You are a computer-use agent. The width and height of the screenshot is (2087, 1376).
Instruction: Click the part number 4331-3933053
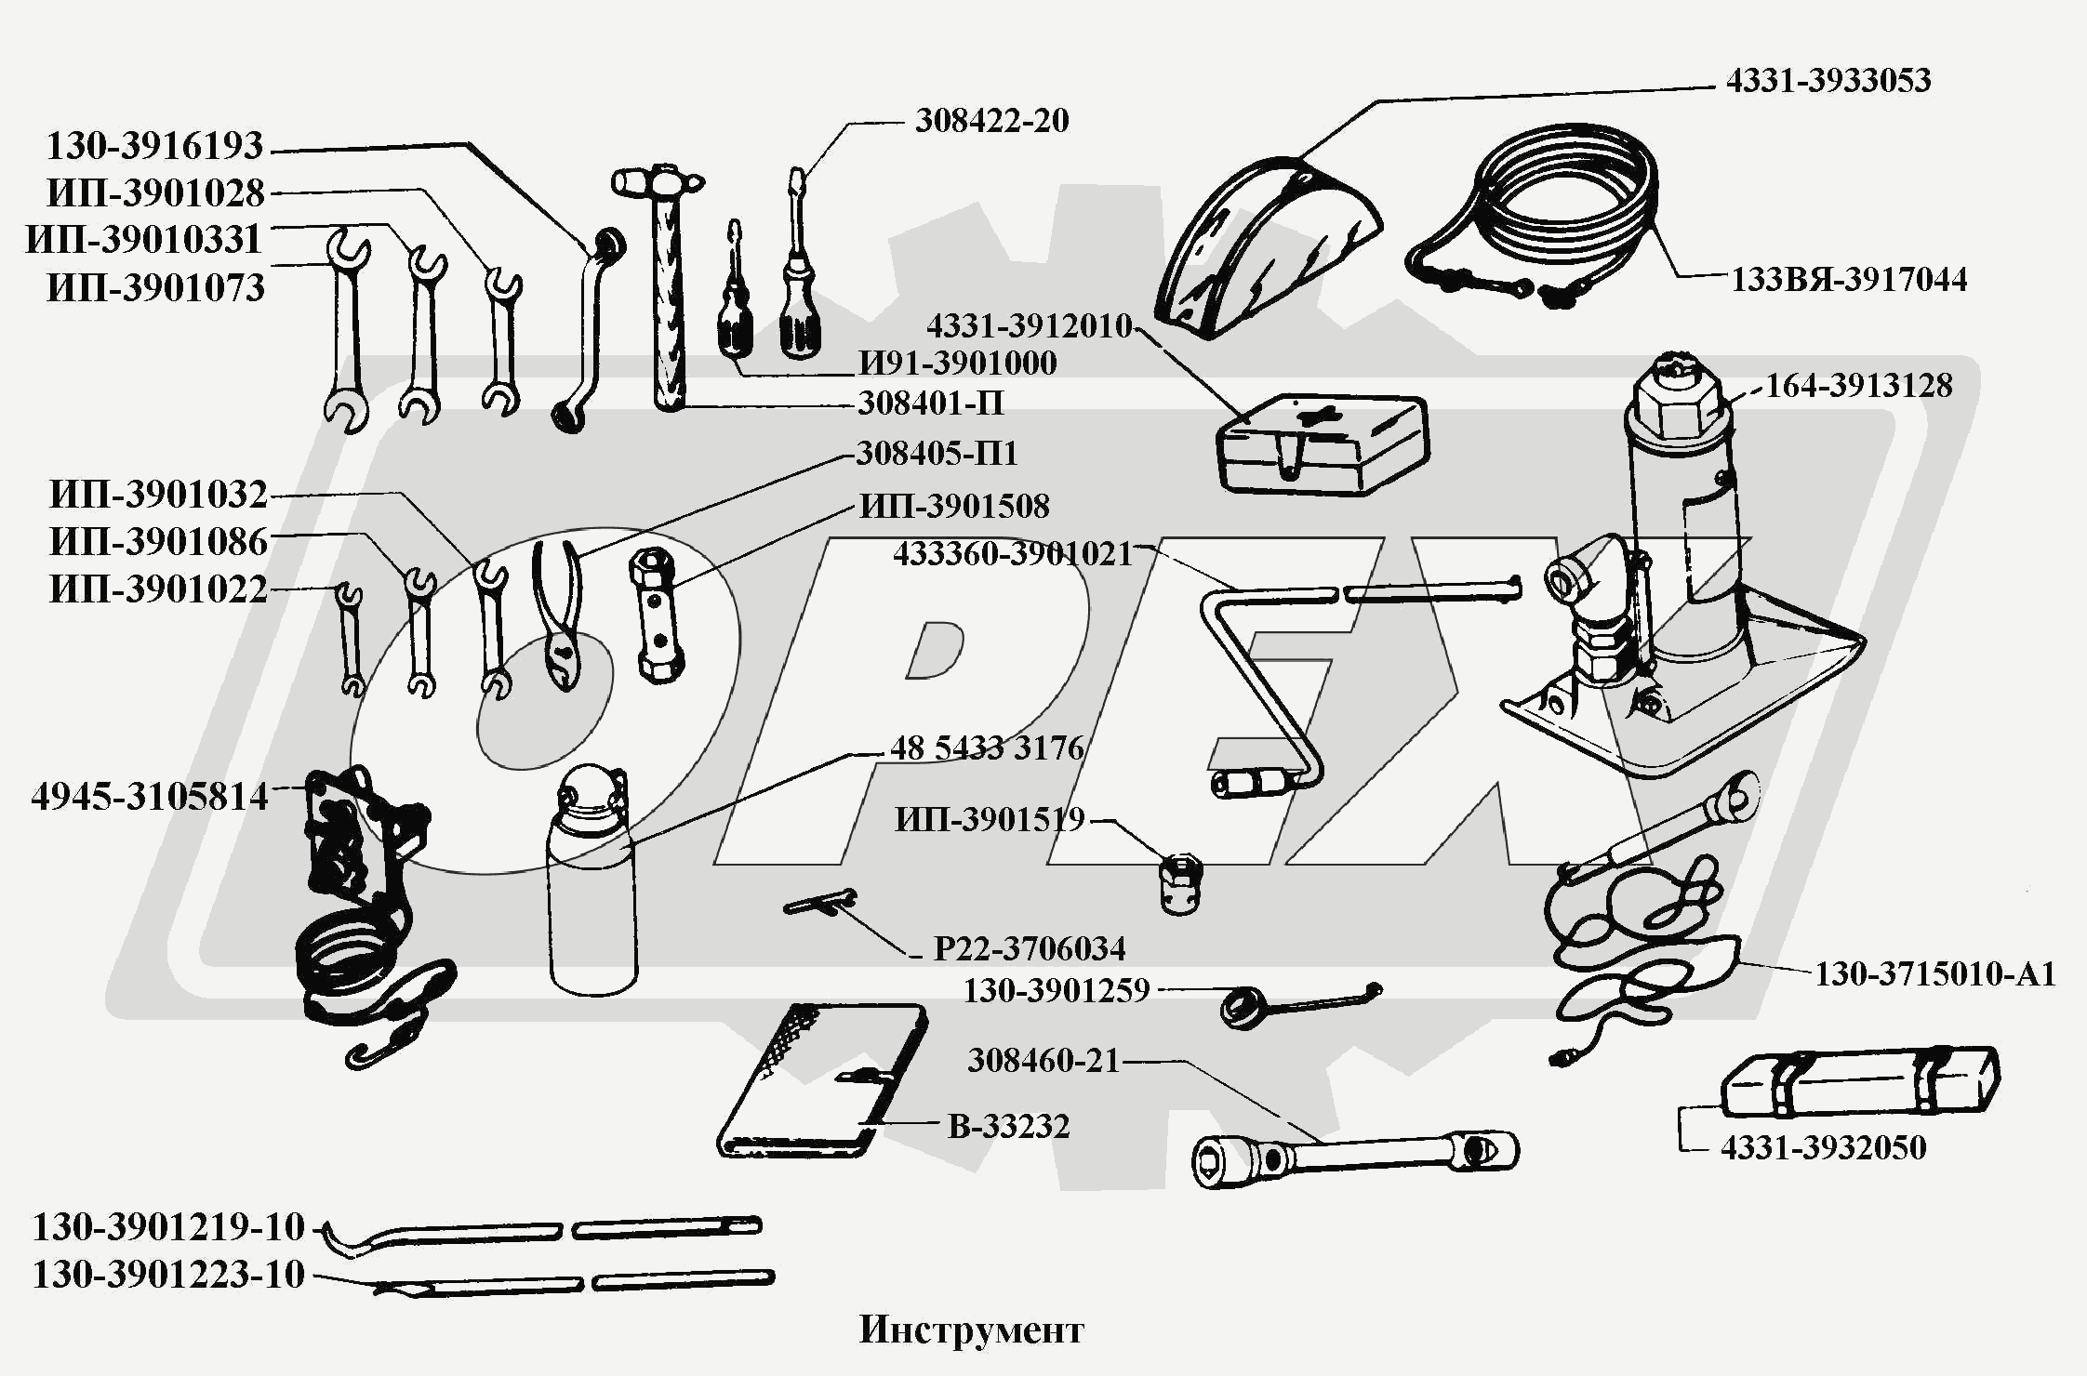(x=1828, y=81)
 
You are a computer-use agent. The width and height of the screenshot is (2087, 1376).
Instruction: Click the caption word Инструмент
(x=971, y=1330)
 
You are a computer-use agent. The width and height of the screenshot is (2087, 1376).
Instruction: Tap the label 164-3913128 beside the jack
(x=1858, y=385)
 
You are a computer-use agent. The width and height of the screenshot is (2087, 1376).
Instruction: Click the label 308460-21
(x=1043, y=1061)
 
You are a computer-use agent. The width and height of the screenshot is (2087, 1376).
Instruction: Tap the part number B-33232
(x=1008, y=1126)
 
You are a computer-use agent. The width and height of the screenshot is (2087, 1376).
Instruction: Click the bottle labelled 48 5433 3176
(x=592, y=893)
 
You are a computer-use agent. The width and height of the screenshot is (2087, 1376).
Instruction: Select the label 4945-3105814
(x=150, y=797)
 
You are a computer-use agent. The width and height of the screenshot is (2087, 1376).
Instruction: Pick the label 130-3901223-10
(x=168, y=1275)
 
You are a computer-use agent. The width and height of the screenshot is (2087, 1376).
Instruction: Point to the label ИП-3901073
(x=155, y=288)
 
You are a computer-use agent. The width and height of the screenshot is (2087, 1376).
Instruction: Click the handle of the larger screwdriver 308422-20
(x=799, y=311)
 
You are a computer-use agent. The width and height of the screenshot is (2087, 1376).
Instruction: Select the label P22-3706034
(x=1029, y=948)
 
